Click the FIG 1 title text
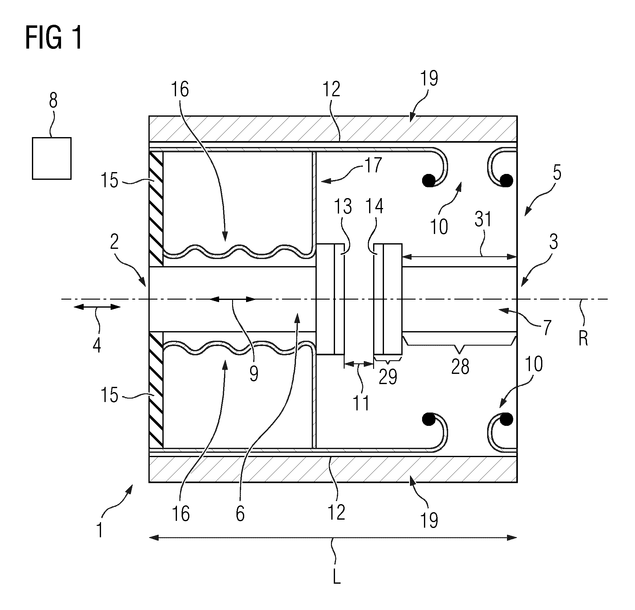point(54,38)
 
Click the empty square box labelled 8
point(52,158)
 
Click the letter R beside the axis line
point(584,339)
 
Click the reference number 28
point(460,367)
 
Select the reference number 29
point(388,377)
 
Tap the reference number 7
point(547,327)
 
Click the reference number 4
point(97,345)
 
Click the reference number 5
point(557,173)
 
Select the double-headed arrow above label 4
point(97,307)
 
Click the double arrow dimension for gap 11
point(359,364)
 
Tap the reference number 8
point(53,101)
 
